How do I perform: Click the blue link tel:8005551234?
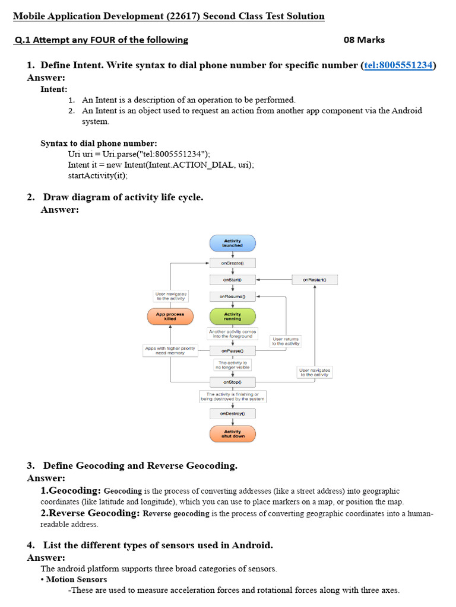398,65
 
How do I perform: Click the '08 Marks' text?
364,40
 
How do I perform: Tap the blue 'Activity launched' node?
232,243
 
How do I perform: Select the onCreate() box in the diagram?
232,263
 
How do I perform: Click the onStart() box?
232,279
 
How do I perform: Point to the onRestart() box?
315,279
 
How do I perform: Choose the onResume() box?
232,296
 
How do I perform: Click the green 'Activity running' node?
232,316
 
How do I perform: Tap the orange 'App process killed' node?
170,316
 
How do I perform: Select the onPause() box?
232,350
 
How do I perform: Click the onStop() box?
232,382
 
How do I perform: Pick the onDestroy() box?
232,413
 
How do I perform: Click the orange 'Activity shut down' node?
232,434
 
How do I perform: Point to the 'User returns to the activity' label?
286,341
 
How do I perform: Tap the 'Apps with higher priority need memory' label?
170,350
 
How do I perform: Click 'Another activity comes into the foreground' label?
232,334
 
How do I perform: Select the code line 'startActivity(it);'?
98,175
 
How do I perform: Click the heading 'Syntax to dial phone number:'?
99,143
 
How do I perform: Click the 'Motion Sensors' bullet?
76,579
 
